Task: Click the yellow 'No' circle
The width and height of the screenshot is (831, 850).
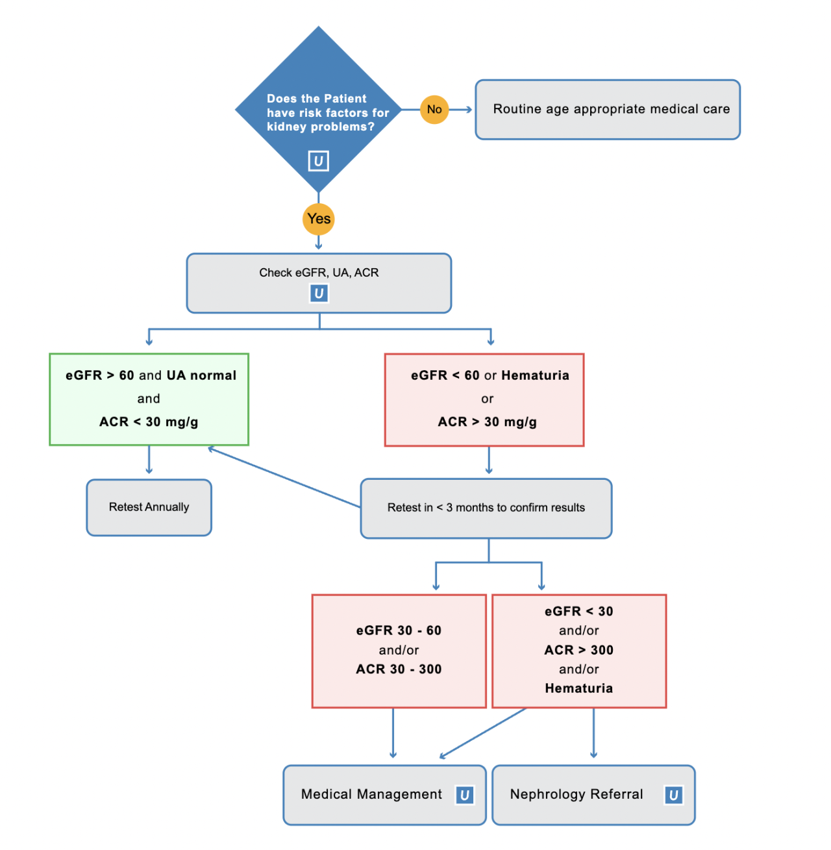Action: pyautogui.click(x=434, y=110)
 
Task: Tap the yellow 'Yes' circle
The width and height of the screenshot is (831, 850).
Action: pyautogui.click(x=318, y=219)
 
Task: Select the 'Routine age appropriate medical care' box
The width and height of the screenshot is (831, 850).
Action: pyautogui.click(x=608, y=110)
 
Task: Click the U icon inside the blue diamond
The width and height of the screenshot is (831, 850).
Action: pyautogui.click(x=318, y=161)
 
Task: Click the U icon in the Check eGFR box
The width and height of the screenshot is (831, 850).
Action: pyautogui.click(x=319, y=294)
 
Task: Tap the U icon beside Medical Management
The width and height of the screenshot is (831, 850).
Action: pyautogui.click(x=465, y=795)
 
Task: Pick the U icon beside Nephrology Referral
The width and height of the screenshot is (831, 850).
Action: pyautogui.click(x=673, y=795)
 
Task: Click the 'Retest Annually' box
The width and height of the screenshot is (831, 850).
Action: pyautogui.click(x=149, y=507)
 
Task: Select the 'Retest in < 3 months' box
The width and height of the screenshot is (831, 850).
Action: pyautogui.click(x=486, y=508)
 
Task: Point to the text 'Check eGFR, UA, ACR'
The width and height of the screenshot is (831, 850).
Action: pyautogui.click(x=319, y=273)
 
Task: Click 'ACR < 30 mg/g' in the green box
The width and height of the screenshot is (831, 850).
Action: pyautogui.click(x=149, y=422)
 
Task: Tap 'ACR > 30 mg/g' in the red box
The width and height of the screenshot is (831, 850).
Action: pyautogui.click(x=487, y=422)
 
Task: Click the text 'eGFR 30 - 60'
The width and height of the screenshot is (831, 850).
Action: pyautogui.click(x=399, y=631)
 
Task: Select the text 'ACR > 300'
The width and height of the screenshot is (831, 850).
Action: pyautogui.click(x=578, y=650)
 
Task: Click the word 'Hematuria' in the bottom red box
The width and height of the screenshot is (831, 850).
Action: pyautogui.click(x=578, y=688)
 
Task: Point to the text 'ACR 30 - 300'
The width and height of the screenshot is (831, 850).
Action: pyautogui.click(x=399, y=669)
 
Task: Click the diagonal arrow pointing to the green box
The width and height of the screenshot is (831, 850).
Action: pyautogui.click(x=284, y=477)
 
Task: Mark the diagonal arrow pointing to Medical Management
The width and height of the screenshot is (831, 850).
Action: pyautogui.click(x=483, y=733)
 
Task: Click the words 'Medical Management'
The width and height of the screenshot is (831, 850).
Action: pyautogui.click(x=371, y=794)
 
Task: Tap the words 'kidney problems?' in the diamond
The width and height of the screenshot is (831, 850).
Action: pyautogui.click(x=321, y=127)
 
